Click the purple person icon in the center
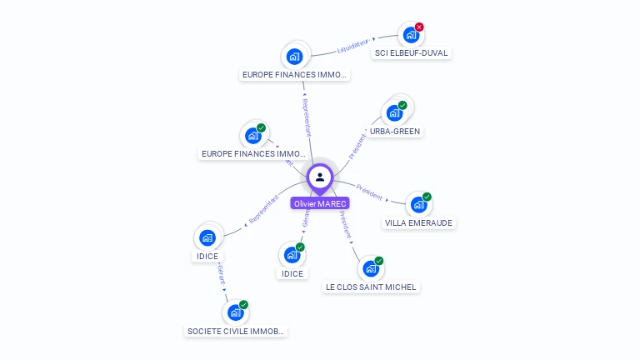[320, 177]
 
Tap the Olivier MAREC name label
[320, 203]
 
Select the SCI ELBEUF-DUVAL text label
[411, 53]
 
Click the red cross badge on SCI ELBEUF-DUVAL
[419, 27]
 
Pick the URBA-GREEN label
[396, 132]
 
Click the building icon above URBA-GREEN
[393, 112]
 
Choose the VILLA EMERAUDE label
[419, 223]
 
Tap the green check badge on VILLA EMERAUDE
[427, 197]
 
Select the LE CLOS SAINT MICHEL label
[371, 287]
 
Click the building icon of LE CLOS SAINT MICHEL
[371, 268]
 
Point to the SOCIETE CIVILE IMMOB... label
[236, 331]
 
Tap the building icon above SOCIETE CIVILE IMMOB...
[235, 312]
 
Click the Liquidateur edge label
[352, 47]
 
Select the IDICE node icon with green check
[292, 254]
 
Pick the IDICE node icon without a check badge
[207, 237]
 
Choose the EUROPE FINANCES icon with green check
[252, 135]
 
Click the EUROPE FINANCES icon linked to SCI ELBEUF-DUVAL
[294, 56]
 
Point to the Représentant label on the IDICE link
[264, 209]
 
